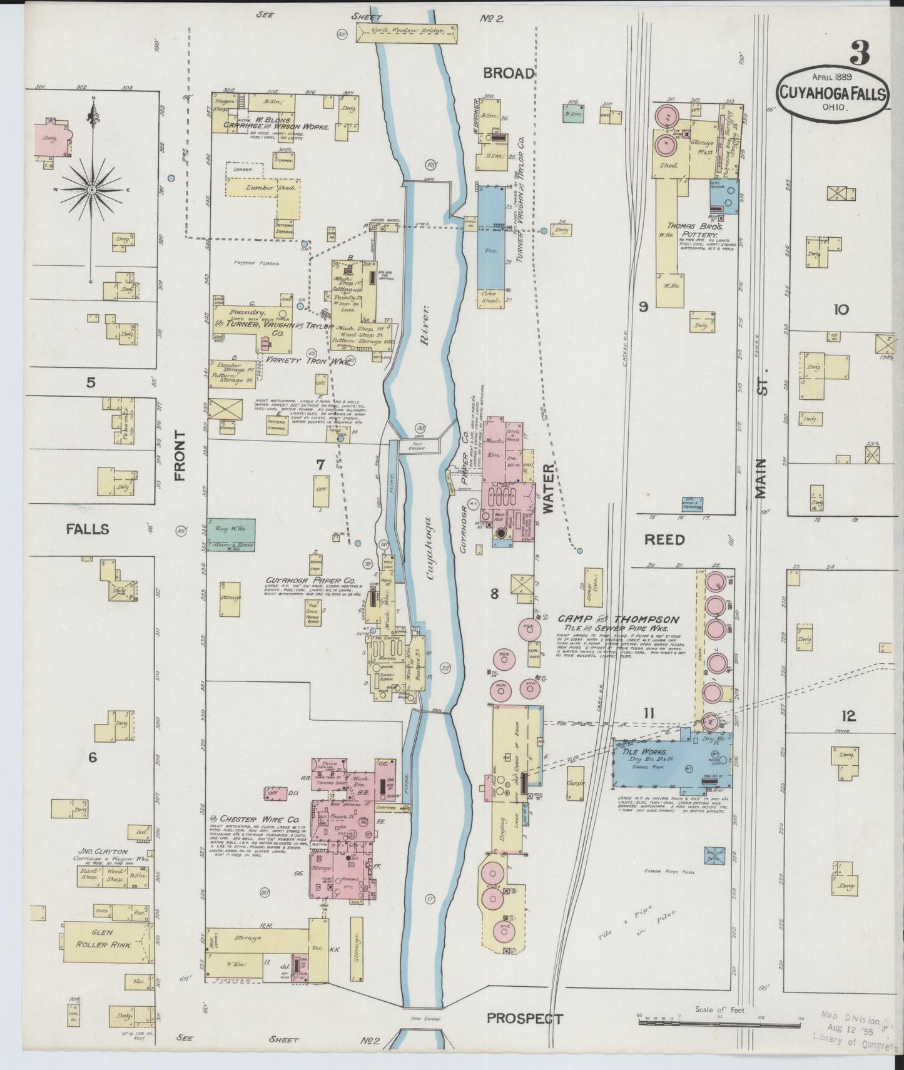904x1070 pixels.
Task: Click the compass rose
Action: (x=91, y=188)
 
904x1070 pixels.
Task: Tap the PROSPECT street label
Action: (x=525, y=1018)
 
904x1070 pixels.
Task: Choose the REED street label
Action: (x=665, y=539)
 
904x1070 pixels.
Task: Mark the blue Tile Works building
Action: (x=669, y=763)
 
